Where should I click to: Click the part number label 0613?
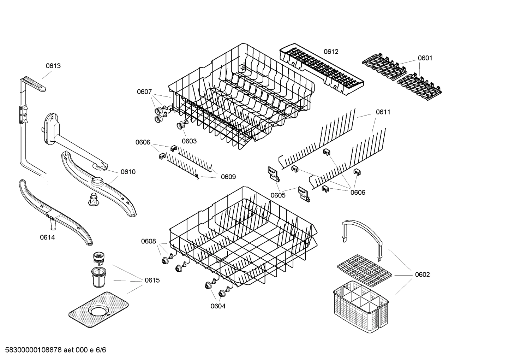coord(53,66)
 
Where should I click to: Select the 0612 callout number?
coord(331,52)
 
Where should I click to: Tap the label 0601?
coord(425,58)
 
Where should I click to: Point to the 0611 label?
coord(383,112)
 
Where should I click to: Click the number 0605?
coord(278,195)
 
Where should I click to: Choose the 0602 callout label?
coord(422,275)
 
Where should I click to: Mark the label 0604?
coord(218,306)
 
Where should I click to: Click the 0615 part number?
coord(152,280)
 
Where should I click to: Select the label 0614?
coord(47,237)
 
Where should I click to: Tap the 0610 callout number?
coord(128,172)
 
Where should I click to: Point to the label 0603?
coord(189,141)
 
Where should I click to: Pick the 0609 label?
coord(228,177)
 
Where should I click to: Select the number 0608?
coord(148,241)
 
